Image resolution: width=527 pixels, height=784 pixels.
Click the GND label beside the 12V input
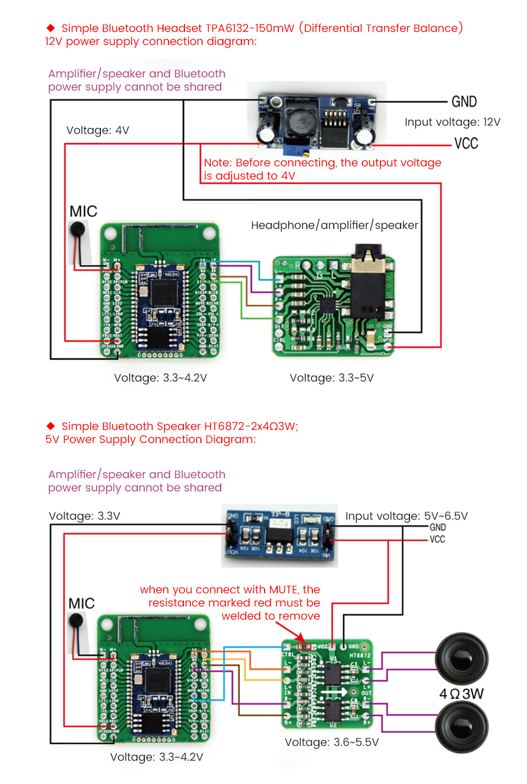(464, 102)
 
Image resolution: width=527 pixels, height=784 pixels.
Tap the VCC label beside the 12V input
(466, 143)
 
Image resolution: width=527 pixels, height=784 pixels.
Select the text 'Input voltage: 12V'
(452, 122)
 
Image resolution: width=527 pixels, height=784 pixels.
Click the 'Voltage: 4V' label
(98, 130)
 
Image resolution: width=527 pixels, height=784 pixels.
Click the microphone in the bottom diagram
(76, 621)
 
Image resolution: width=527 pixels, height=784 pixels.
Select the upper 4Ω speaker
(461, 658)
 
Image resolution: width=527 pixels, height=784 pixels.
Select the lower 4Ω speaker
(461, 726)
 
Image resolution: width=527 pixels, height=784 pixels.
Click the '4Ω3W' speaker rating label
(461, 694)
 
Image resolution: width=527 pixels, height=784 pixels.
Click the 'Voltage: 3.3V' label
(85, 516)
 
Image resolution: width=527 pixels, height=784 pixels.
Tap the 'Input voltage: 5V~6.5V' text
(406, 516)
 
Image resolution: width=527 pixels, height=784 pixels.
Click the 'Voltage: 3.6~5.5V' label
(332, 742)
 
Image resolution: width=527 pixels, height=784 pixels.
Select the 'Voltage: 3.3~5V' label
(332, 378)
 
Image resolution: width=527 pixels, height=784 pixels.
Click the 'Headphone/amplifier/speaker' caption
(334, 225)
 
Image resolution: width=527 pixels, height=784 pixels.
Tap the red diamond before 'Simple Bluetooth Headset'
(51, 27)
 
